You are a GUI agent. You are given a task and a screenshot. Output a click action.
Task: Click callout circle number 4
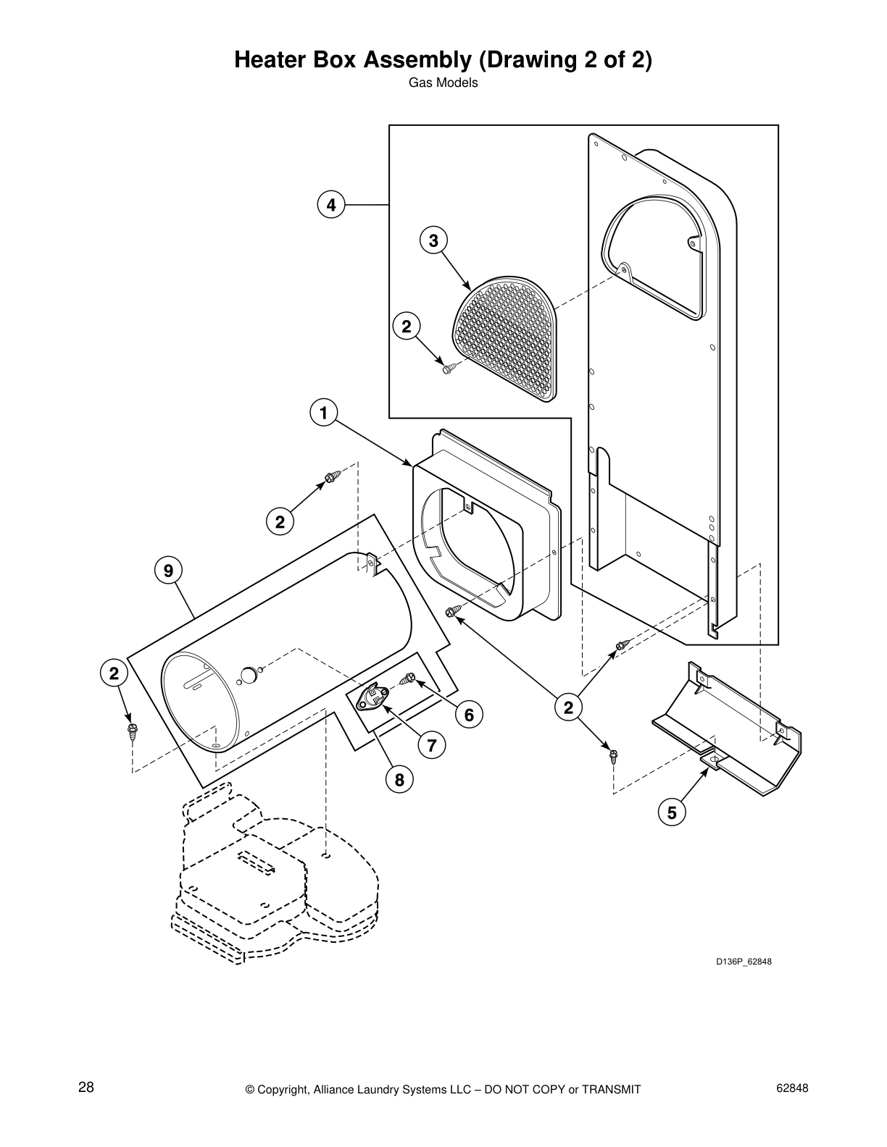[x=330, y=205]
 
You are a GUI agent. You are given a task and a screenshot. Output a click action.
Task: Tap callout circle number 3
[x=433, y=240]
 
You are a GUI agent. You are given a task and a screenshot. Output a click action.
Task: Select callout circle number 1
[x=323, y=413]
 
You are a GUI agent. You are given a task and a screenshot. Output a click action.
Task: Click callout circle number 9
[x=168, y=571]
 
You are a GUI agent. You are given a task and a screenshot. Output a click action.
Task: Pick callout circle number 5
[x=672, y=812]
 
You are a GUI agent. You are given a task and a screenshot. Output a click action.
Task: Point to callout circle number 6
[x=469, y=715]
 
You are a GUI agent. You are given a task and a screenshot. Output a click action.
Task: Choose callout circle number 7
[x=431, y=744]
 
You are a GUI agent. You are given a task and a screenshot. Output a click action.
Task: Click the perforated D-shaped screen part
[x=507, y=337]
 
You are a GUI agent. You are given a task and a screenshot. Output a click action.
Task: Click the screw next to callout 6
[x=408, y=679]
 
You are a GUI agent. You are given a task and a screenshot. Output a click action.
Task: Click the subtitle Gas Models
[x=443, y=83]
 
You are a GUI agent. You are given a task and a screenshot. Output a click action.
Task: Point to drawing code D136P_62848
[x=738, y=962]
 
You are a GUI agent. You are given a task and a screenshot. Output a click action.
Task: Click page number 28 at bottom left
[x=86, y=1088]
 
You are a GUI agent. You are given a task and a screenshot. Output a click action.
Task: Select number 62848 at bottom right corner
[x=791, y=1088]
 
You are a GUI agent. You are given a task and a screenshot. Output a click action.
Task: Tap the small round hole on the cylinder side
[x=248, y=675]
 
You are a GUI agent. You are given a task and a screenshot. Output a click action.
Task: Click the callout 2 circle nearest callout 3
[x=406, y=327]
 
